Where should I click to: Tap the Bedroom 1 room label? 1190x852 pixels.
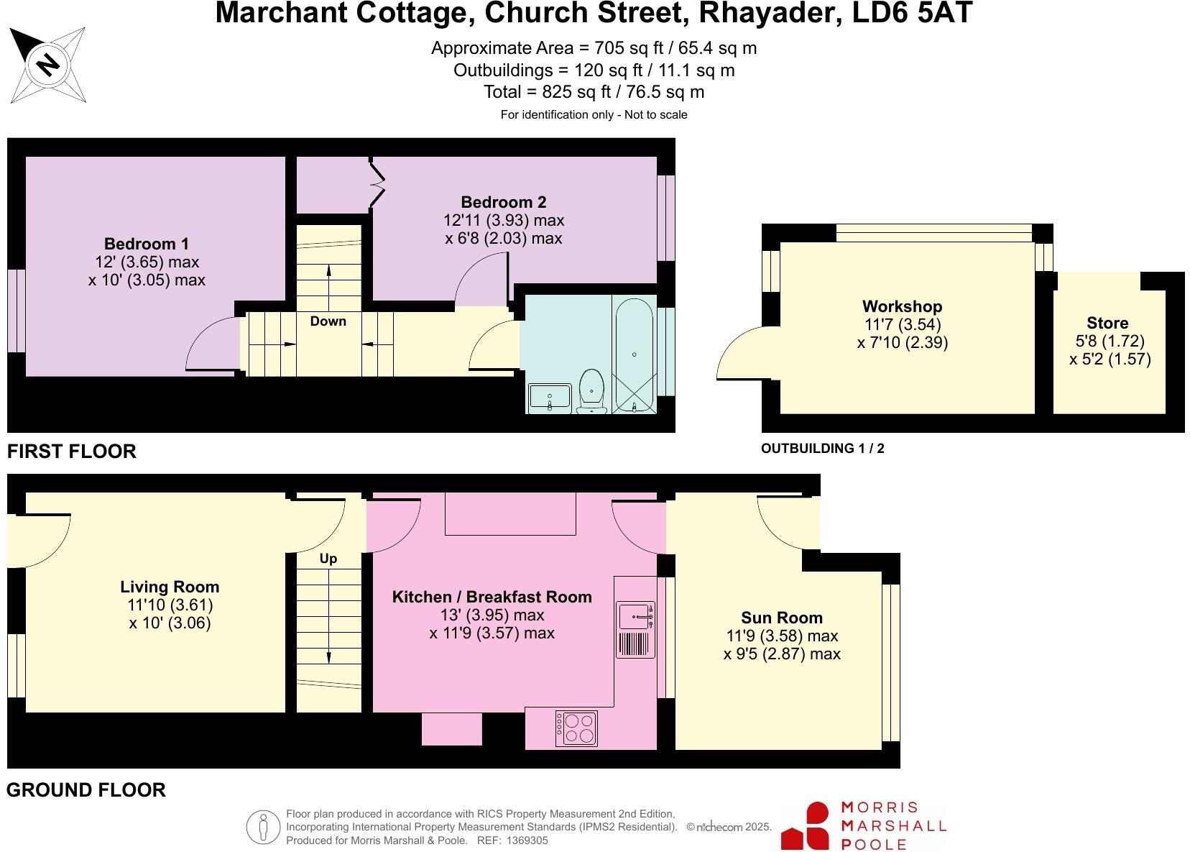[x=147, y=244]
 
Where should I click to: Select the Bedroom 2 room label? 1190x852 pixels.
[x=503, y=202]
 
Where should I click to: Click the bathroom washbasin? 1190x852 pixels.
[x=550, y=398]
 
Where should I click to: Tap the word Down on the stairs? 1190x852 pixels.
[x=328, y=321]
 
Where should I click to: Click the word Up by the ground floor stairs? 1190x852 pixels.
[x=328, y=559]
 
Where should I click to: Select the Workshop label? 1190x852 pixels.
[x=902, y=306]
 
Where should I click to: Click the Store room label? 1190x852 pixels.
[x=1107, y=323]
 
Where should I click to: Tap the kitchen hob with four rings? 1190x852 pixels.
[x=576, y=728]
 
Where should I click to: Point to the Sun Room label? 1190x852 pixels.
[x=782, y=618]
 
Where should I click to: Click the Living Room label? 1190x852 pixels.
[x=170, y=587]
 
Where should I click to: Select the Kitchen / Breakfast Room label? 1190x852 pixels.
[x=492, y=597]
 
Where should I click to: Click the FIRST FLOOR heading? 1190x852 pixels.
[x=71, y=452]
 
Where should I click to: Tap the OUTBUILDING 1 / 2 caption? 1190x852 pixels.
[x=822, y=449]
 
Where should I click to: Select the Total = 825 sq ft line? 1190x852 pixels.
[x=594, y=92]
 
